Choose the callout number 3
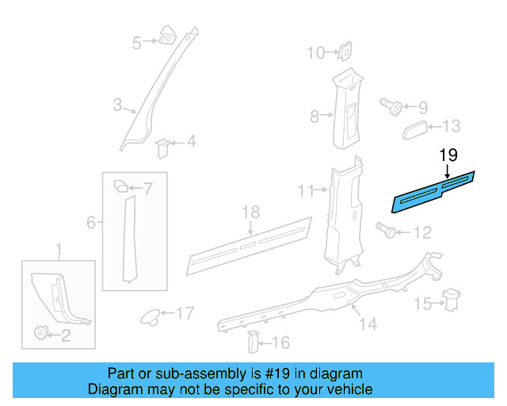coord(116,105)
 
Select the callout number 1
coord(58,252)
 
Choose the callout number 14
coord(368,324)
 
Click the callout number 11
coord(307,190)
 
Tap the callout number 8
coord(314,117)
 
